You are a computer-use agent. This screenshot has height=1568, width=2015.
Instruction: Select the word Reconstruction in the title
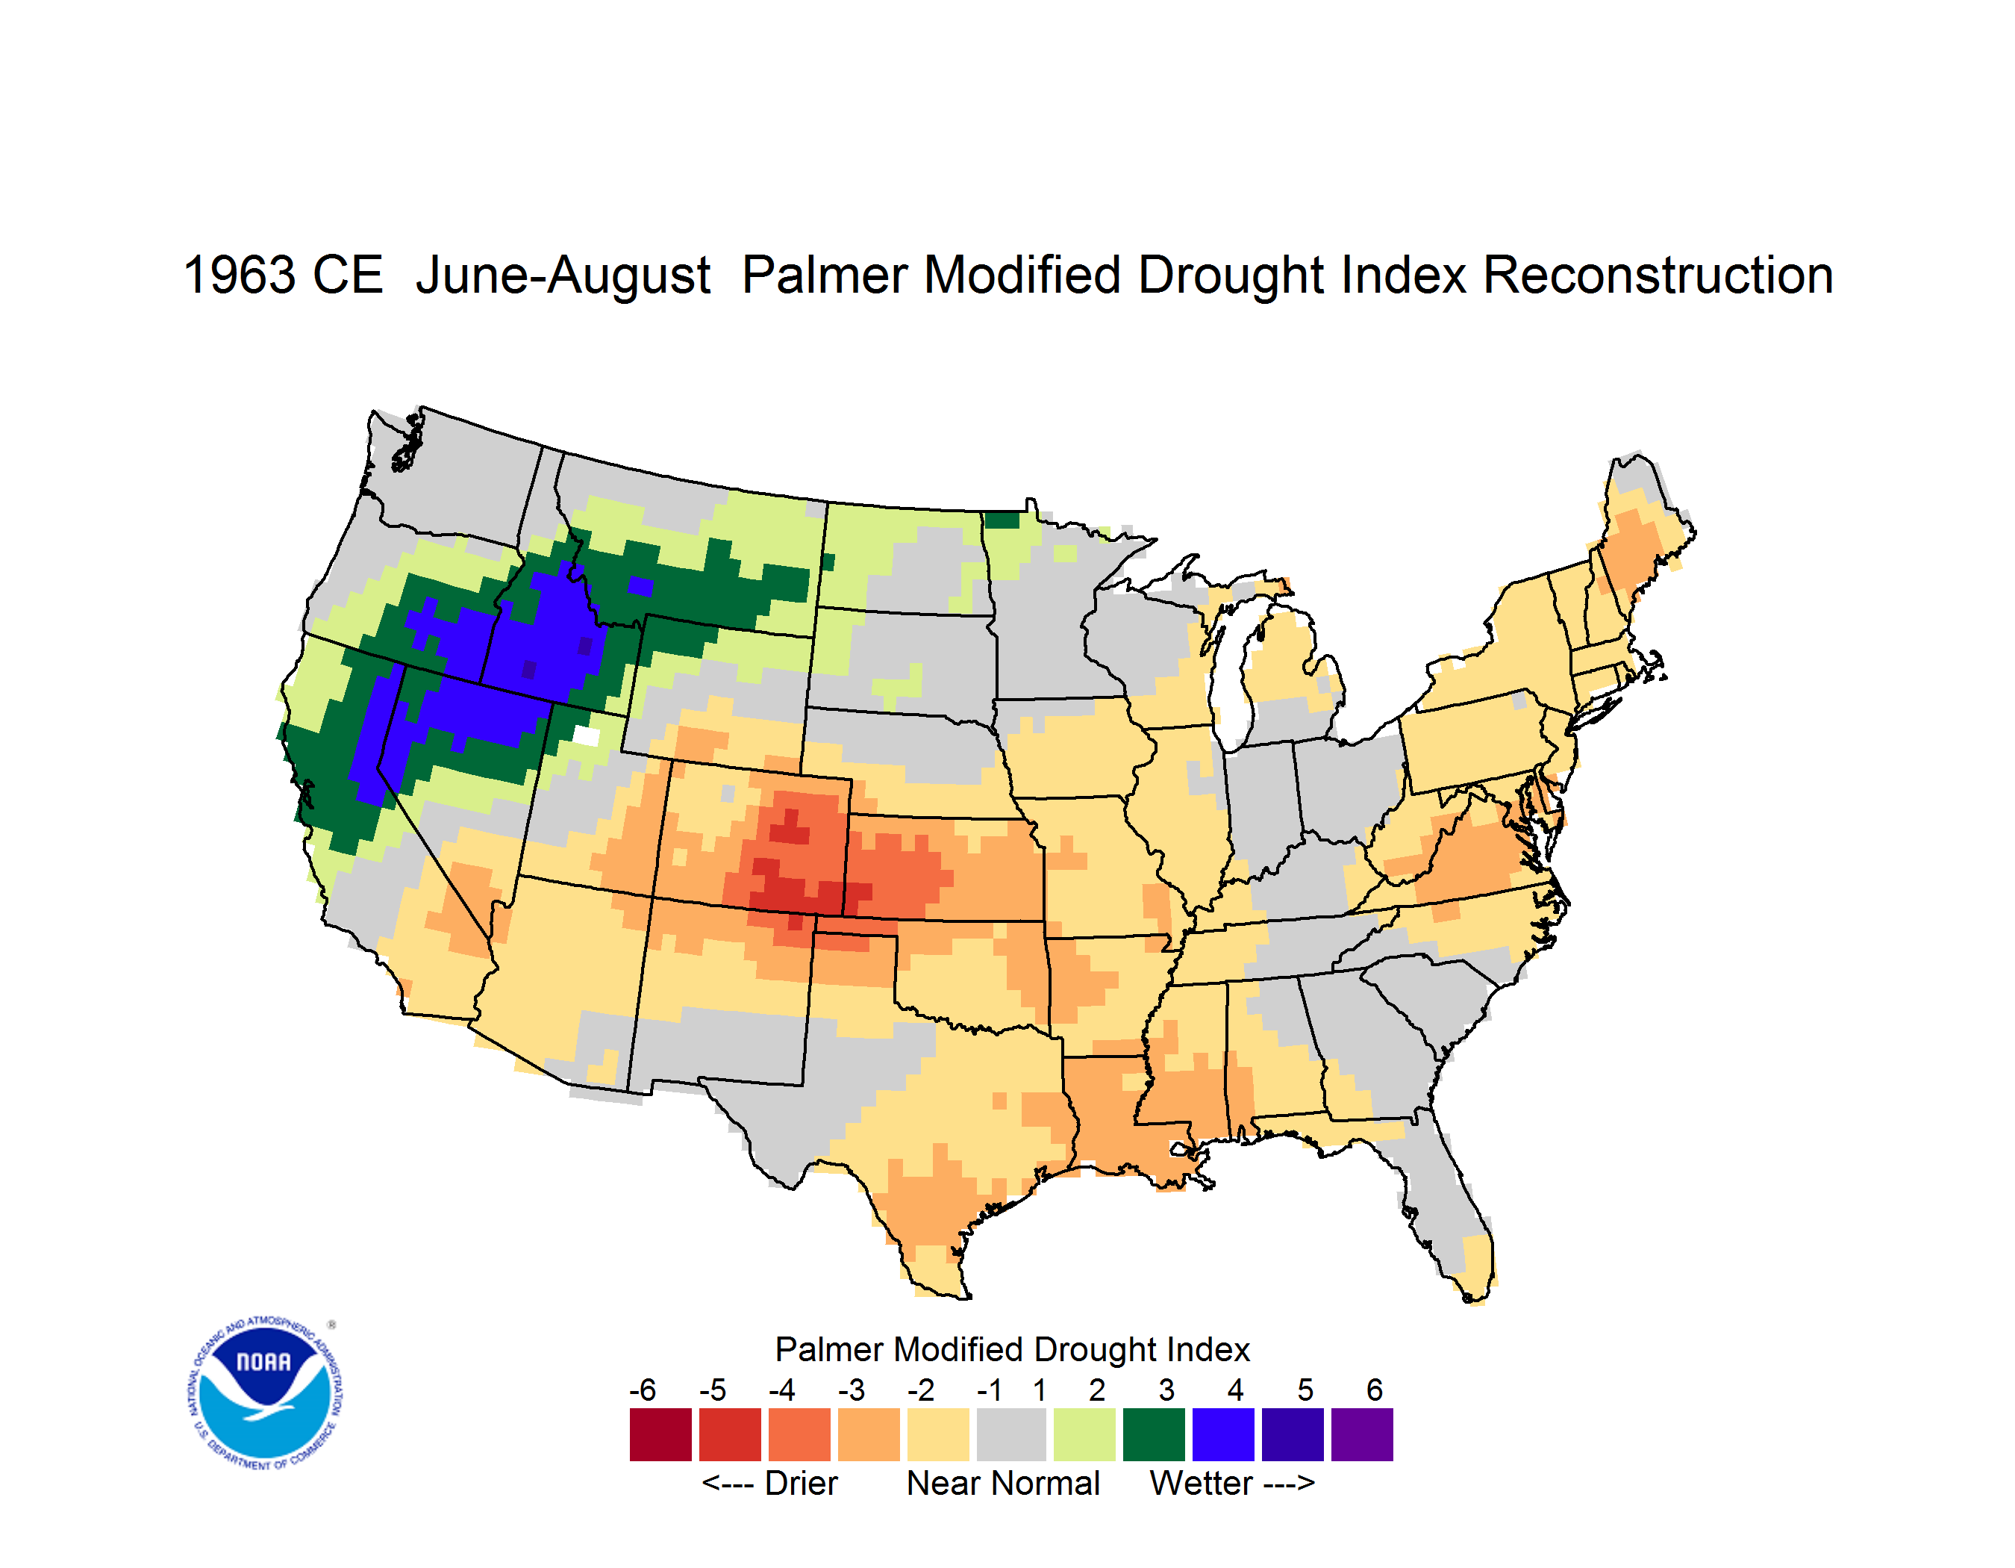point(1658,275)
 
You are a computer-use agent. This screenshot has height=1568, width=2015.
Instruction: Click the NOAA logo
point(265,1393)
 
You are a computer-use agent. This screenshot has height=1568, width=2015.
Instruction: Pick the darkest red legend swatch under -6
point(660,1434)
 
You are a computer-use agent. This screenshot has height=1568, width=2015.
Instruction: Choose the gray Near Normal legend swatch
point(1011,1434)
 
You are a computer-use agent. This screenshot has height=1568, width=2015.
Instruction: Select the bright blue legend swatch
point(1223,1434)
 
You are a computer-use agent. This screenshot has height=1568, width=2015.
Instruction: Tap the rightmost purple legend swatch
point(1362,1434)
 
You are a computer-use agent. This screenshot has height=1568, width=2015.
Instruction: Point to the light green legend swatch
point(1085,1434)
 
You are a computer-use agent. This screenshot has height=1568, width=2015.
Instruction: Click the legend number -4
point(781,1390)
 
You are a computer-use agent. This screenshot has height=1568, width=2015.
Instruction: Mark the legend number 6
point(1375,1390)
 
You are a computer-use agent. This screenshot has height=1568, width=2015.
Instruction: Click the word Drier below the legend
point(801,1483)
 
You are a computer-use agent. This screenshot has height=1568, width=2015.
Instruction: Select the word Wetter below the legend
point(1202,1483)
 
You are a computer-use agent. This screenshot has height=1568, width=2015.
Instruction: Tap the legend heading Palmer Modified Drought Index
point(1012,1349)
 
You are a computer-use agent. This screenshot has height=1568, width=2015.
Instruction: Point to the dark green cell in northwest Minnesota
point(1003,520)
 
